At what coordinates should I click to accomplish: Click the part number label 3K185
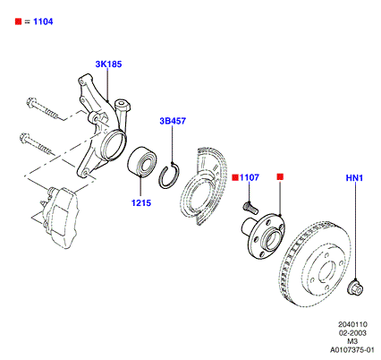pos(108,64)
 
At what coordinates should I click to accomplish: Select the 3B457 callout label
pos(173,121)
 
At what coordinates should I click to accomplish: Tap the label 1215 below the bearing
pos(141,203)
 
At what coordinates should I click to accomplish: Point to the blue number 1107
pos(250,177)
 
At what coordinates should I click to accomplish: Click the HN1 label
pos(354,178)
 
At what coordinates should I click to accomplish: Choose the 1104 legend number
pos(43,21)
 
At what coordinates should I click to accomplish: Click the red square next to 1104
pos(19,21)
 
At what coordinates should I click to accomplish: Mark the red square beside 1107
pos(235,177)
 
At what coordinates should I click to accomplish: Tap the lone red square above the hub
pos(280,176)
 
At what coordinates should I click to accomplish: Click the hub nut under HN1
pos(355,287)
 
